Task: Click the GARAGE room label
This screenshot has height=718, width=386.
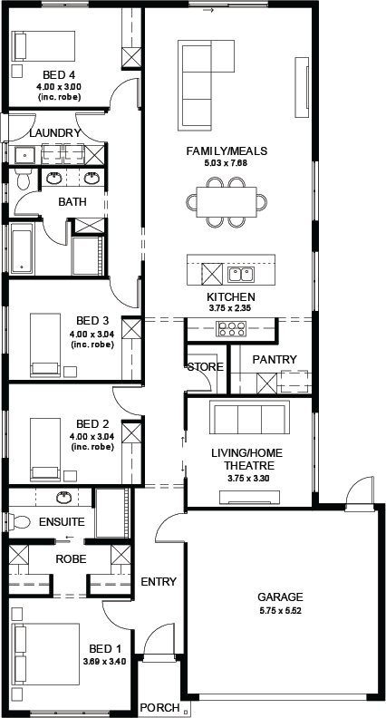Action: click(280, 597)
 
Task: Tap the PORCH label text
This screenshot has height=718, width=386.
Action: click(159, 707)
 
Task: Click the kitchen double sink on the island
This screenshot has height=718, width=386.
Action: click(241, 275)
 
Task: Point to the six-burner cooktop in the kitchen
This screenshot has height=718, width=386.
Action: click(231, 329)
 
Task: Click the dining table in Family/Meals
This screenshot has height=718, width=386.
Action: click(227, 202)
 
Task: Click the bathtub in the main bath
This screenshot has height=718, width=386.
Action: click(21, 248)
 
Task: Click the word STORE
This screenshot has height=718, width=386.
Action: click(205, 367)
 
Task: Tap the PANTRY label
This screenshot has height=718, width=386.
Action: click(275, 360)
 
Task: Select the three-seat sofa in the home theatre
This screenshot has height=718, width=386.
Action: click(249, 417)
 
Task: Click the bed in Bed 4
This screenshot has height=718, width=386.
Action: click(43, 45)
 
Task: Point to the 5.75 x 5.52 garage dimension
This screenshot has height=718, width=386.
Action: click(280, 610)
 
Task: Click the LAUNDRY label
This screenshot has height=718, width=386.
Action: click(55, 133)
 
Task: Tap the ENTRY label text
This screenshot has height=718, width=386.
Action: click(159, 581)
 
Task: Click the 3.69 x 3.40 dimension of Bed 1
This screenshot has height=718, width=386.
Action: click(105, 662)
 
